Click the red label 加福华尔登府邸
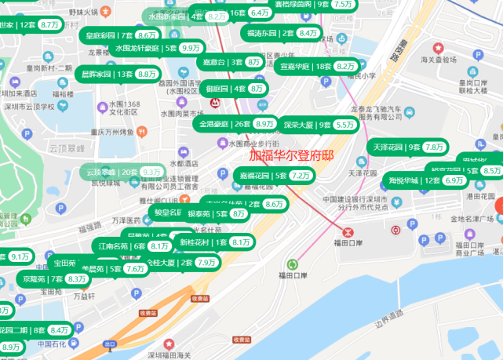(291, 155)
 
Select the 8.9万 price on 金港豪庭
(265, 124)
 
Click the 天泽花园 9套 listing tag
(396, 147)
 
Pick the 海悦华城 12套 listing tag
(414, 180)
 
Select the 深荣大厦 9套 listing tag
(308, 125)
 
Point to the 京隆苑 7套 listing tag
(42, 278)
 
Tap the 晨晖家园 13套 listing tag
(108, 74)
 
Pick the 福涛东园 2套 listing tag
(270, 33)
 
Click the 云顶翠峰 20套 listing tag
(112, 171)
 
